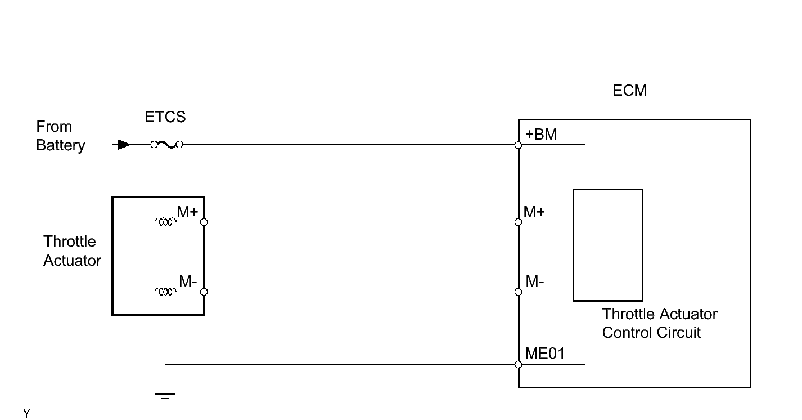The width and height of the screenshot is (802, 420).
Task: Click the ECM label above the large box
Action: (x=629, y=91)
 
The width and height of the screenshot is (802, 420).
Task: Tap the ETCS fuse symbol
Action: (x=166, y=145)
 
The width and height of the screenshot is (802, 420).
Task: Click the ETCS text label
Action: (x=165, y=117)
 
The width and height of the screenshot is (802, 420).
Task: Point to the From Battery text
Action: (x=60, y=136)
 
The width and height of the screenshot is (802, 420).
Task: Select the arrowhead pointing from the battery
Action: (x=124, y=145)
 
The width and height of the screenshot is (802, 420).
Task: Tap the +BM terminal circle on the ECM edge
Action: (x=518, y=145)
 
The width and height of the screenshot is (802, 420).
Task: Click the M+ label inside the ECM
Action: (x=534, y=212)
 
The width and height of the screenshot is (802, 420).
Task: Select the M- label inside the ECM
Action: (x=534, y=282)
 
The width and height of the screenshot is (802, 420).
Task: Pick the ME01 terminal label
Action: (x=545, y=354)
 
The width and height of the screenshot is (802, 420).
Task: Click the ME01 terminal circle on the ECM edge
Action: (x=518, y=364)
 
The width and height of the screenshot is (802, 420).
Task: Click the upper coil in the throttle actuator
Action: (x=165, y=222)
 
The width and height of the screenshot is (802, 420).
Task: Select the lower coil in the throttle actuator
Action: (x=165, y=292)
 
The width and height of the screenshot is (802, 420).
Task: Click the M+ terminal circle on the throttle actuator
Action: (x=204, y=222)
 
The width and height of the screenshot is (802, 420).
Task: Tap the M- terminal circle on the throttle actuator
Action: (x=204, y=292)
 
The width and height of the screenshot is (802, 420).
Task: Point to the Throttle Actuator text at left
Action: (x=72, y=251)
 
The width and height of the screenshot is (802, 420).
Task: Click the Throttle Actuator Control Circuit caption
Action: (x=659, y=323)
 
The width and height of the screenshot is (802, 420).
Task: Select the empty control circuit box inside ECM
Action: (x=607, y=245)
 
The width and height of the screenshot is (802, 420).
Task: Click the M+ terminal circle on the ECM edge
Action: (x=518, y=222)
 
